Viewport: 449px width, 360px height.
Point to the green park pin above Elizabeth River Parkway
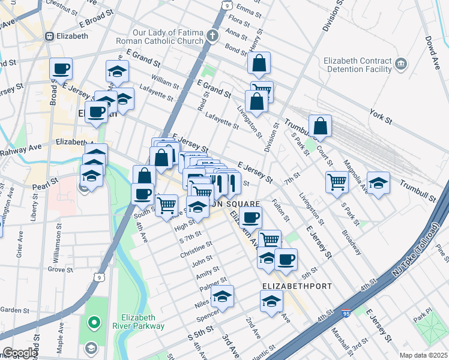tap(94, 323)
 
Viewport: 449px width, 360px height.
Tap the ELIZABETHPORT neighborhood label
tap(297, 286)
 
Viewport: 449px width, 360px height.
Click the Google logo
tap(19, 353)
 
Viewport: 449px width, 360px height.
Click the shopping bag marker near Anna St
tap(259, 63)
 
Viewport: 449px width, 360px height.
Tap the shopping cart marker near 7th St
tap(337, 182)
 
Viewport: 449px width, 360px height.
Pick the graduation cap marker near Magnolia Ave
tap(378, 182)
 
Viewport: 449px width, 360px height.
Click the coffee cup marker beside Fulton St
tap(250, 217)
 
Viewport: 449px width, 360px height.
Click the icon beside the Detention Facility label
tap(400, 63)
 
